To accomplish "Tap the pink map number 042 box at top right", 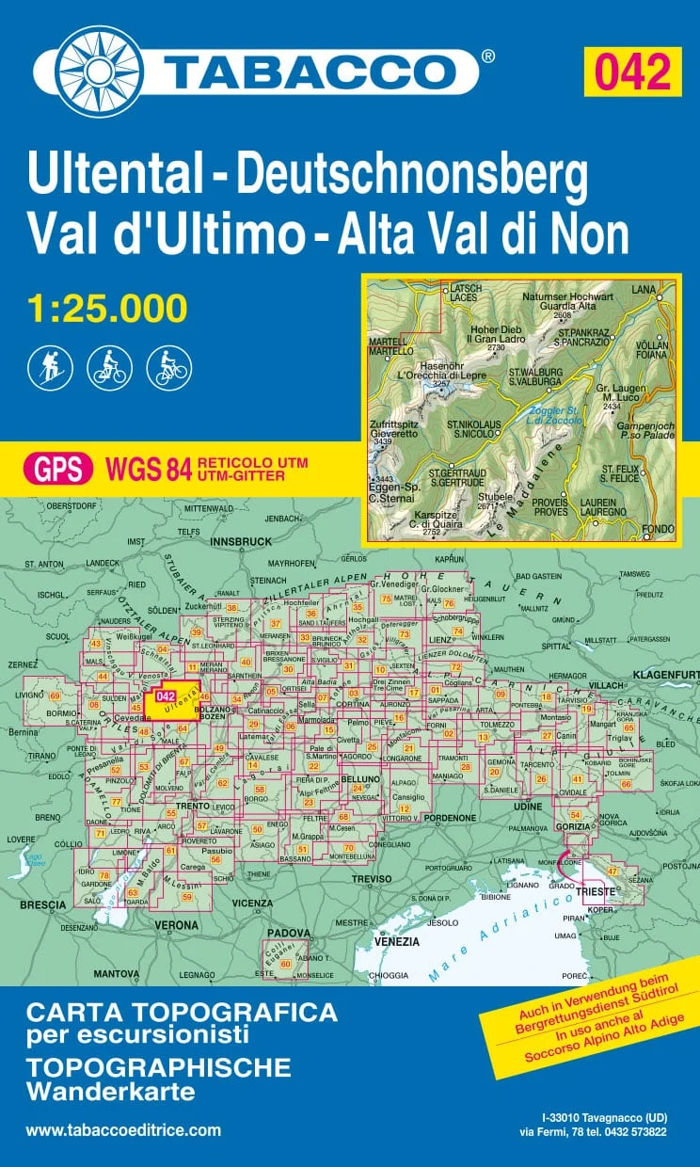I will click(x=632, y=72).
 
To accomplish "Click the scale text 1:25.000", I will click(x=107, y=308).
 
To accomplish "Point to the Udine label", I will click(x=529, y=807).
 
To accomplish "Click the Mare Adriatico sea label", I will click(x=485, y=941).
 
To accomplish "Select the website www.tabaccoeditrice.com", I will click(x=123, y=1130).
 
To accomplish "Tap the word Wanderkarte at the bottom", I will click(x=110, y=1092).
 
